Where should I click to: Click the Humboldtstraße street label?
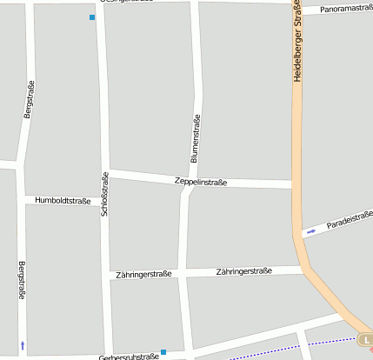point(63,201)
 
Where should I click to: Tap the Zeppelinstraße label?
point(201,183)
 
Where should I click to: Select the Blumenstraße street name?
point(195,139)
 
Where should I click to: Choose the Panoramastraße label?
point(346,8)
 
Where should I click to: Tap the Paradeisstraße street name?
point(349,221)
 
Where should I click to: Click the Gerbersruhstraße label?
point(129,357)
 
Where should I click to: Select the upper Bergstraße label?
point(29,100)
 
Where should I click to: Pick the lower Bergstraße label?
point(22,280)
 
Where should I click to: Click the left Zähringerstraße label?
point(143,275)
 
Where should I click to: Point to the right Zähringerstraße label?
point(244,271)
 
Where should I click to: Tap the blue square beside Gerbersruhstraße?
point(163,352)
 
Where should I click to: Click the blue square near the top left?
point(92,17)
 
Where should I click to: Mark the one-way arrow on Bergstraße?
point(22,345)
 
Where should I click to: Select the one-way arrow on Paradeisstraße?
point(311,231)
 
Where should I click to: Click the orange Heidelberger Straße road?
point(297,174)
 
